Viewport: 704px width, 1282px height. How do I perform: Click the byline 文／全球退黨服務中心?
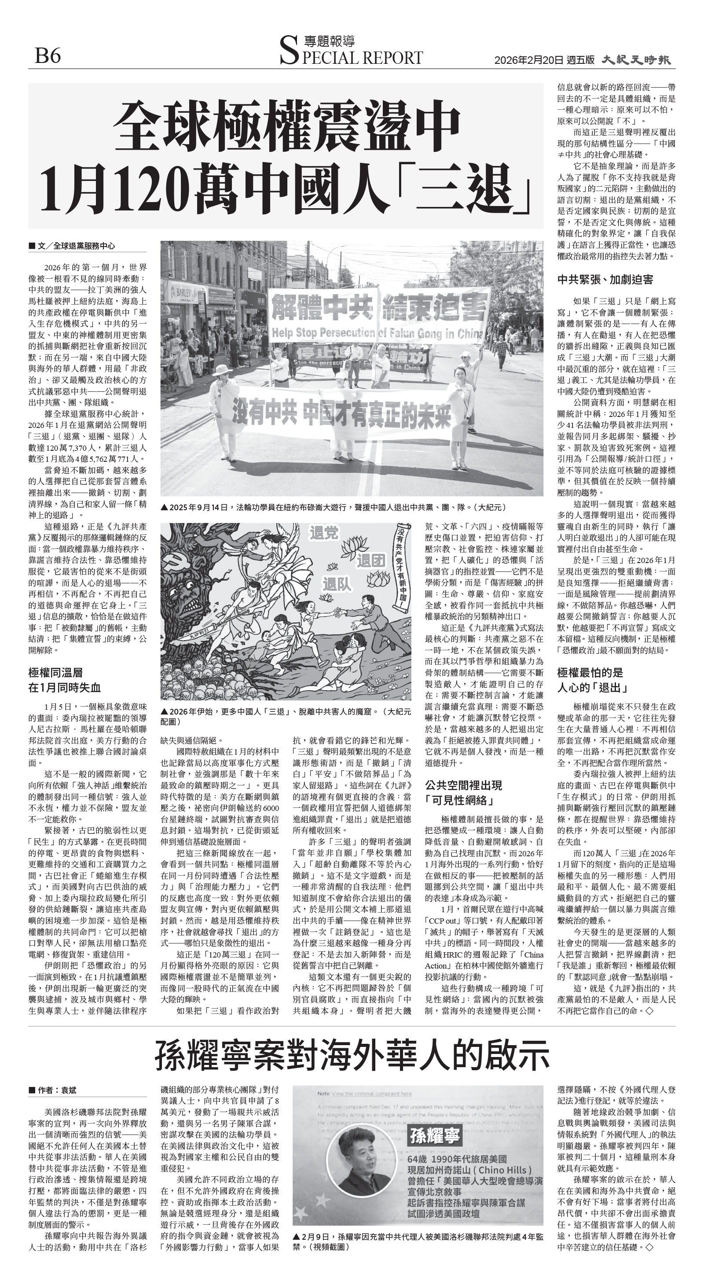[x=75, y=246]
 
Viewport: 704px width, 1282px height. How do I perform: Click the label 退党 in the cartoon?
[x=324, y=533]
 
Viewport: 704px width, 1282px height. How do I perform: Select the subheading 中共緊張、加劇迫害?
[x=605, y=280]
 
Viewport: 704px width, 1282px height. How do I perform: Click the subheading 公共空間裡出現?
[x=463, y=785]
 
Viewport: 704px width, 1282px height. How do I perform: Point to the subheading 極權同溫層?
[x=55, y=673]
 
